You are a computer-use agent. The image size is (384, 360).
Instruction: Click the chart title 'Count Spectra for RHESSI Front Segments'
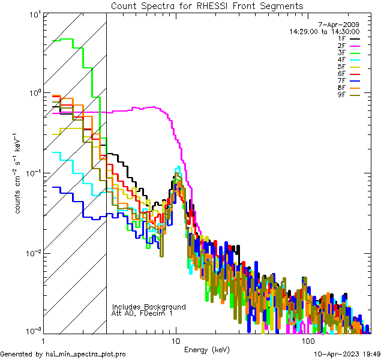[x=207, y=6]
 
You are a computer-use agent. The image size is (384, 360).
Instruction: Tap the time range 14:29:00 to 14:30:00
[x=324, y=31]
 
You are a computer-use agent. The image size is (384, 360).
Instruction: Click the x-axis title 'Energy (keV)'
[x=206, y=349]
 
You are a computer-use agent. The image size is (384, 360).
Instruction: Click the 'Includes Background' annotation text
[x=149, y=307]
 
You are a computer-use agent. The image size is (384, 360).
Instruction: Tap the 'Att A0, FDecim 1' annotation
[x=142, y=313]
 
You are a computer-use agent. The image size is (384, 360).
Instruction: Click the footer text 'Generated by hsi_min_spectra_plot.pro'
[x=63, y=354]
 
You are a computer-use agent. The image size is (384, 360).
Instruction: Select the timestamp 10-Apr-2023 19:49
[x=347, y=354]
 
